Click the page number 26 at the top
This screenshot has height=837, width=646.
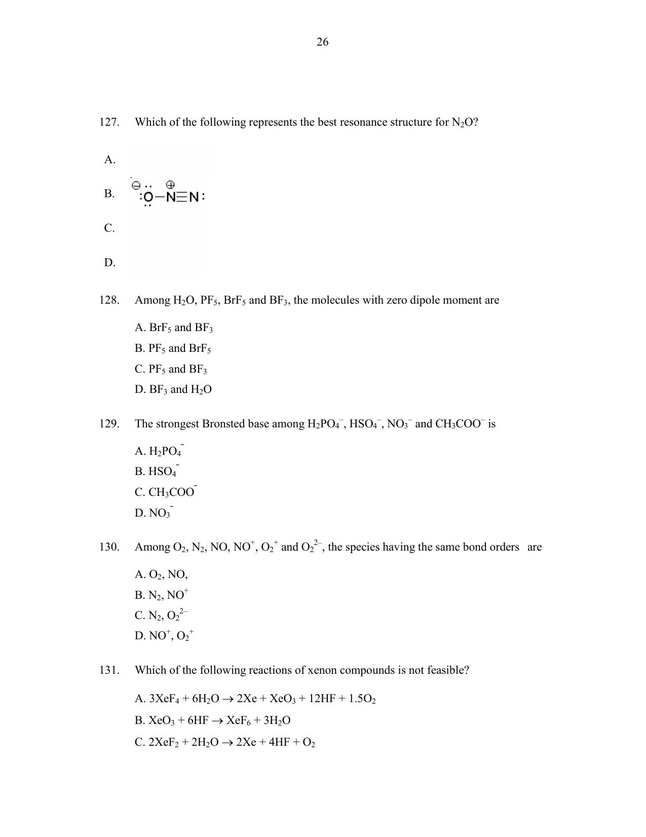(x=322, y=42)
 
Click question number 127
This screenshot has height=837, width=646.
(x=109, y=122)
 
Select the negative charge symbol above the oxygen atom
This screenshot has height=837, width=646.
(x=135, y=186)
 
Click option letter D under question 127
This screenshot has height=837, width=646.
(x=109, y=263)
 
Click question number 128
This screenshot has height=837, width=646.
(x=109, y=300)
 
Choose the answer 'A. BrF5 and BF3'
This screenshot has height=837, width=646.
(x=174, y=328)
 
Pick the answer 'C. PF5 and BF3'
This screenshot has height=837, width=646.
(x=171, y=369)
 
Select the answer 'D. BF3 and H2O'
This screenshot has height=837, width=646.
(x=173, y=390)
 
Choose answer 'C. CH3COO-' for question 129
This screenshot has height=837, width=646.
(x=166, y=492)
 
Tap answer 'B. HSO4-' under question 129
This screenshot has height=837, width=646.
(x=157, y=471)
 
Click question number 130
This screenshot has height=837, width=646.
(x=109, y=547)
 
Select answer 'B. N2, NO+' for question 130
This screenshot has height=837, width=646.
(x=162, y=595)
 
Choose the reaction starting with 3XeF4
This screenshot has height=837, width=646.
(x=255, y=699)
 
